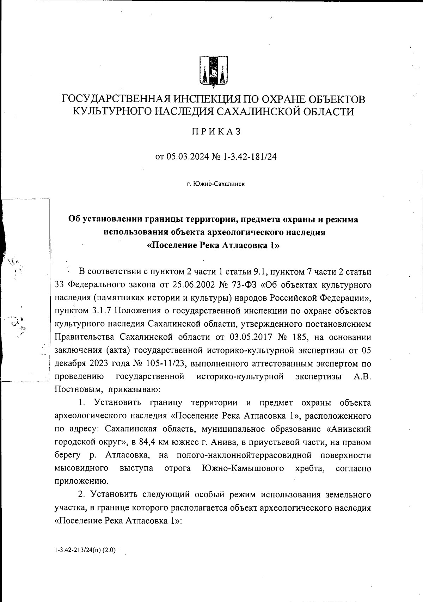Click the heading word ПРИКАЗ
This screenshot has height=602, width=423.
click(x=216, y=131)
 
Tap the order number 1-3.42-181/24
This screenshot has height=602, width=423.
click(x=250, y=156)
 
